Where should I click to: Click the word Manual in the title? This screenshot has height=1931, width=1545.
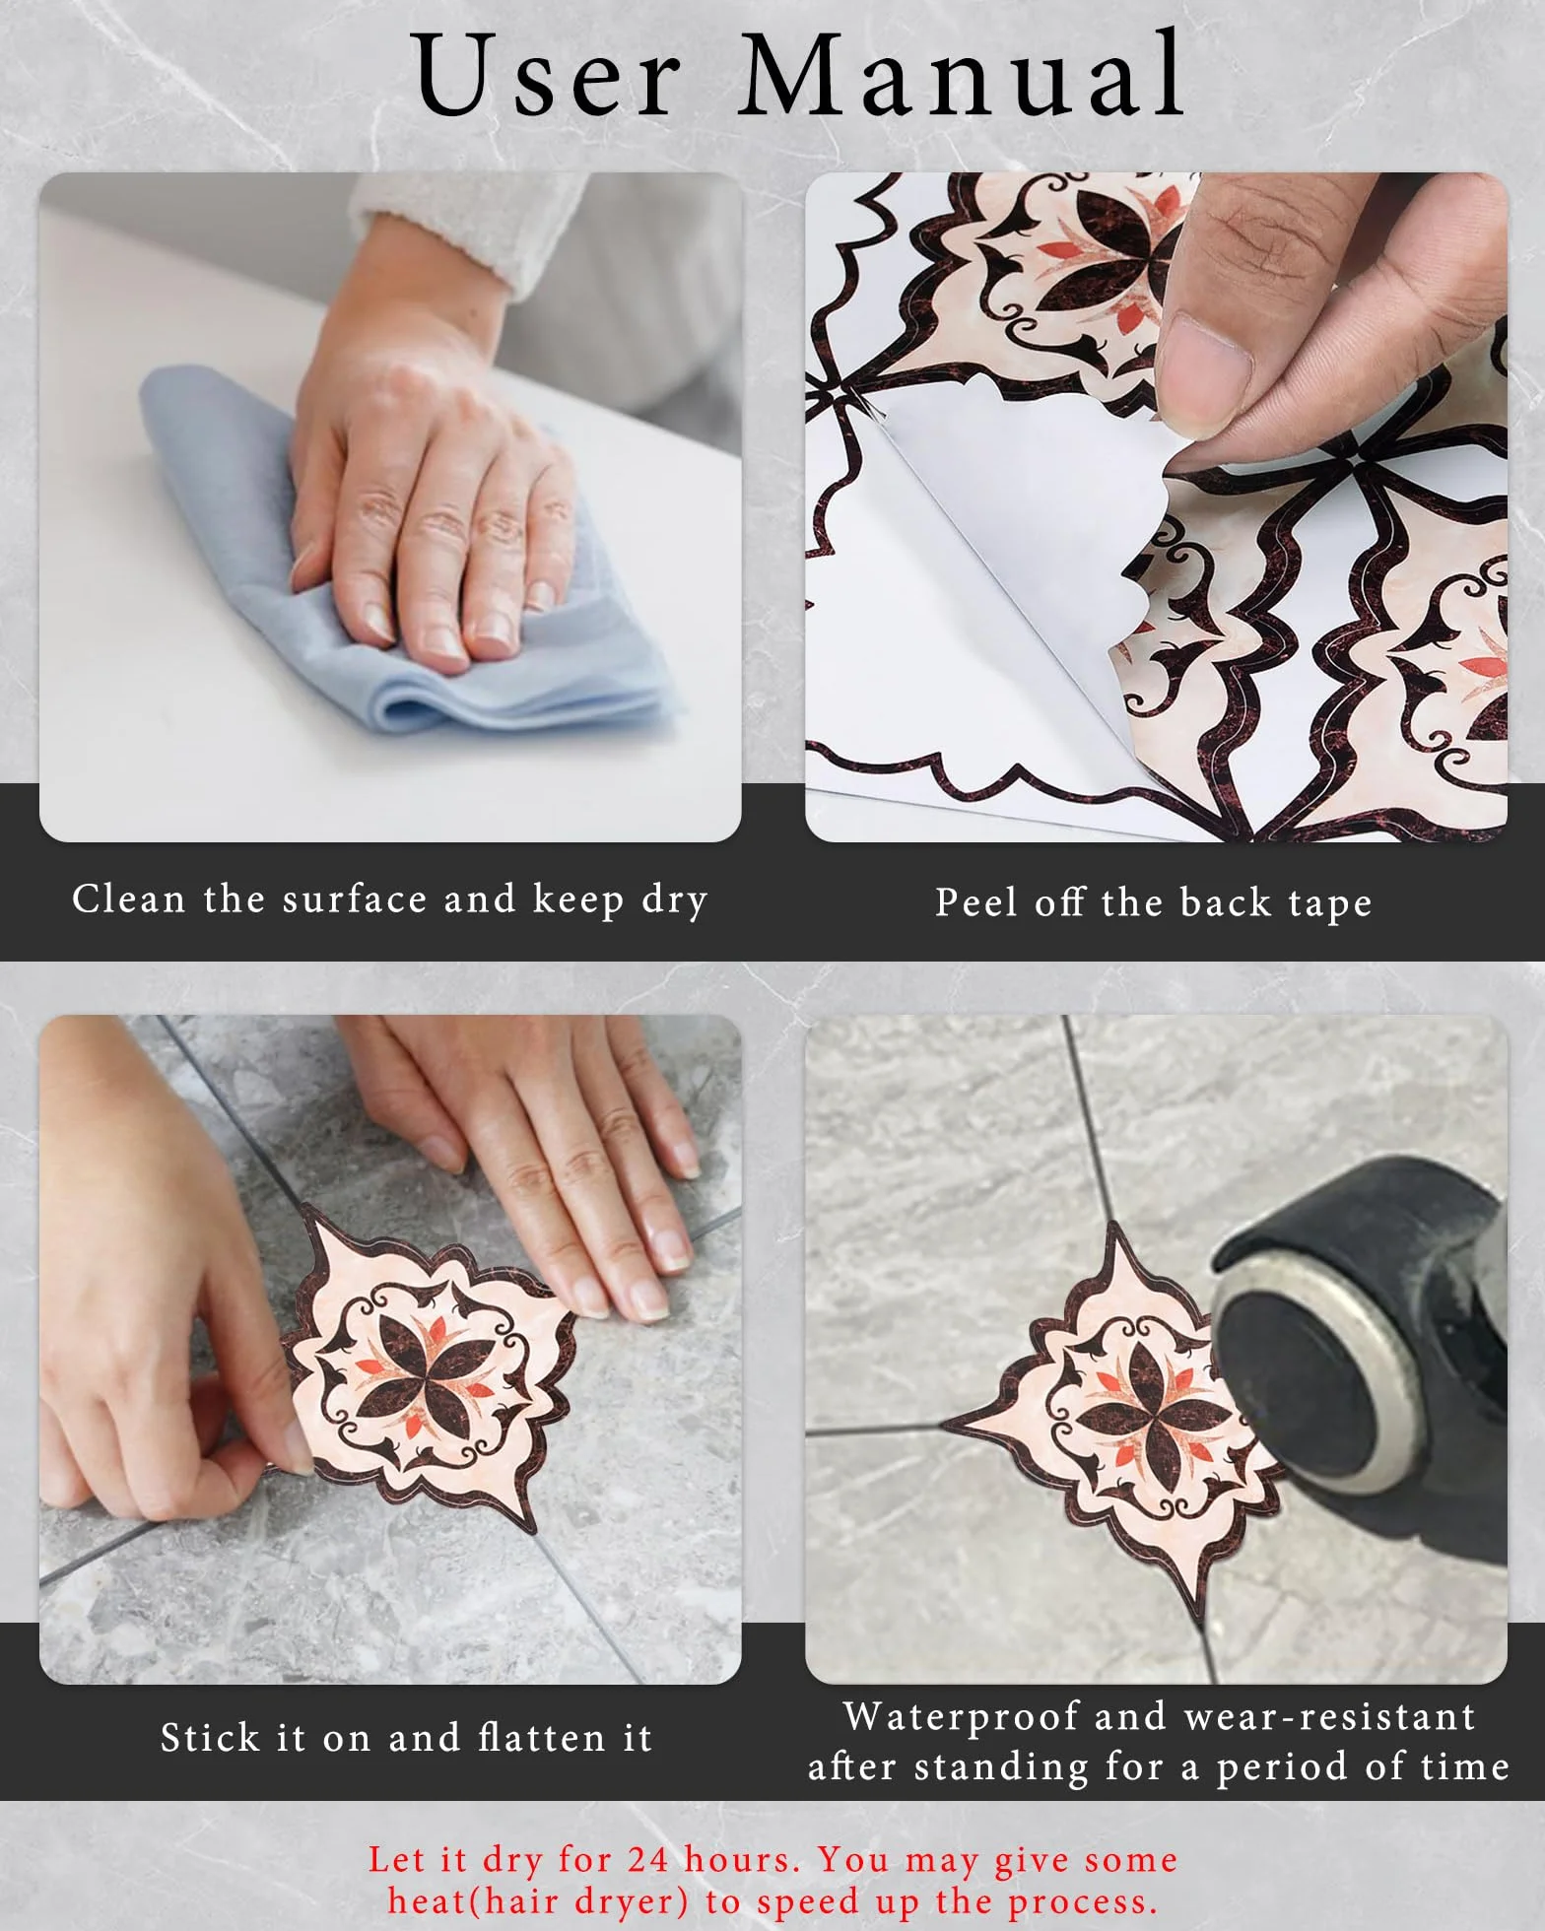[x=963, y=76]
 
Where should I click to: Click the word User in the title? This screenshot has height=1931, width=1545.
[x=547, y=76]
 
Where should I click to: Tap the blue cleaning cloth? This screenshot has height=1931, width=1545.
[x=394, y=571]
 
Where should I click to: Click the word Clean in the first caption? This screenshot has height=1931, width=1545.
[x=128, y=899]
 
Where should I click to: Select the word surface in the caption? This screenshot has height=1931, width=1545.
[x=355, y=899]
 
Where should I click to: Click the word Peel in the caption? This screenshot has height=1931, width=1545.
[x=975, y=901]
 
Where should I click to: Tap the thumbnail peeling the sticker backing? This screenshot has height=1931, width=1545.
[x=1156, y=506]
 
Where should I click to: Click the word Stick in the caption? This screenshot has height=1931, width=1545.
[x=211, y=1738]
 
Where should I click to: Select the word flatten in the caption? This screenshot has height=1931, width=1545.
[x=541, y=1738]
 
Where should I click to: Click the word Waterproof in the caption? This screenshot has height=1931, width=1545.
[x=962, y=1717]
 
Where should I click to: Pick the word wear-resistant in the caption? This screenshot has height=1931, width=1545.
[x=1330, y=1717]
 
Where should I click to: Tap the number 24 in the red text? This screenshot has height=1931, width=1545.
[x=648, y=1859]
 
